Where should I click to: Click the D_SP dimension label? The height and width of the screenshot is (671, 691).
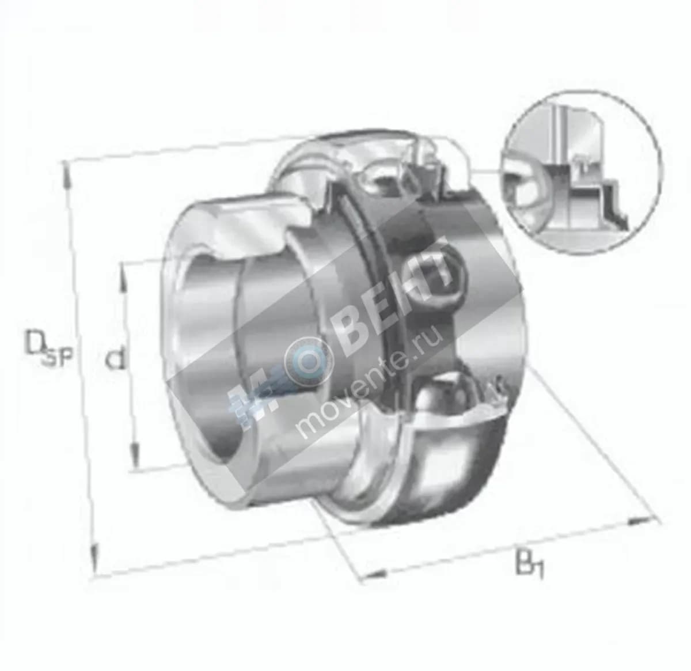[x=48, y=348]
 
